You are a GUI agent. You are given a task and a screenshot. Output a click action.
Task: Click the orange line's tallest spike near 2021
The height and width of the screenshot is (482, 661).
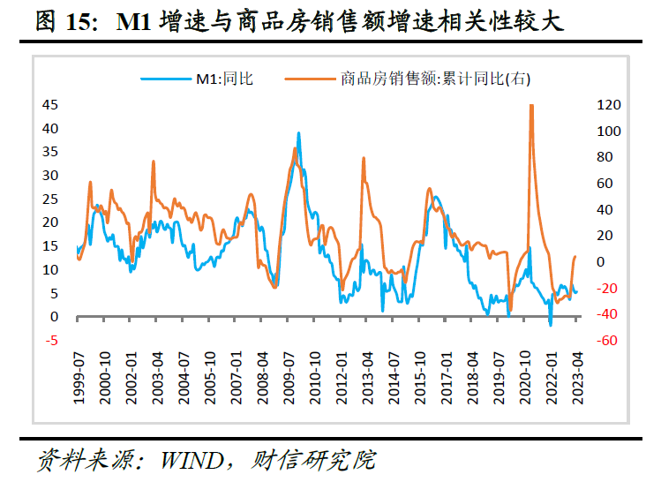click(x=531, y=106)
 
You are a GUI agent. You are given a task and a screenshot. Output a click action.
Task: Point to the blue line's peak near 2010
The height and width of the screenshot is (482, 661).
click(x=298, y=134)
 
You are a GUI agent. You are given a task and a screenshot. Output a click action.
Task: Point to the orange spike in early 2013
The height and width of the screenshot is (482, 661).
click(x=364, y=158)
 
